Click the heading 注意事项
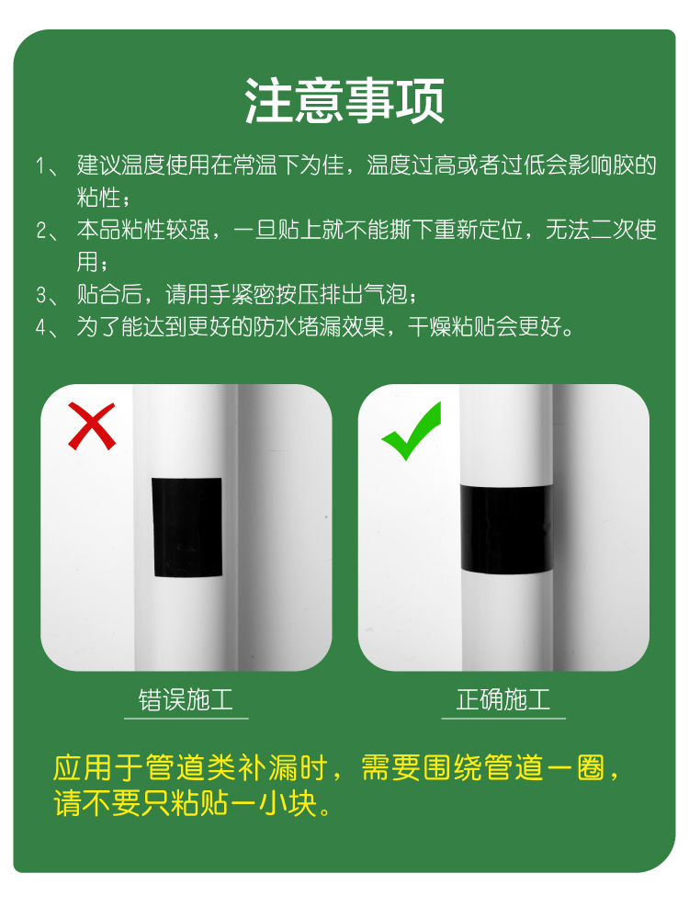(x=344, y=101)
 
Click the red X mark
(x=92, y=426)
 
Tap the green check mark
(x=412, y=430)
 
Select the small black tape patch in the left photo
(x=186, y=527)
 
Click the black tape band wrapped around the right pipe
(x=507, y=529)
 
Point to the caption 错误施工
(x=186, y=700)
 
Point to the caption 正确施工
(x=503, y=700)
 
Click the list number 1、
(x=48, y=166)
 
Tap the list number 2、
(x=48, y=231)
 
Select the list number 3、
(x=48, y=295)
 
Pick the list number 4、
(x=48, y=328)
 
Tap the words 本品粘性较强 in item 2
(x=143, y=230)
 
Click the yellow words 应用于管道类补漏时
(x=190, y=768)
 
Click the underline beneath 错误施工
(x=186, y=719)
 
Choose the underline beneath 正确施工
(x=503, y=719)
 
